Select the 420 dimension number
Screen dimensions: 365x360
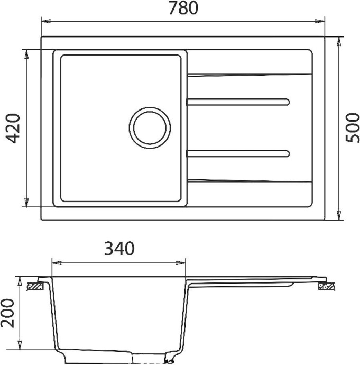click(x=12, y=129)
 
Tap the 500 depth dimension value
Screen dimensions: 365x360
click(x=351, y=127)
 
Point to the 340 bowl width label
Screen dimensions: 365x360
click(x=119, y=248)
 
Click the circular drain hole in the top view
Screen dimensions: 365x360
click(x=150, y=127)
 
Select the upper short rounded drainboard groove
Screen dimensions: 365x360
click(x=238, y=101)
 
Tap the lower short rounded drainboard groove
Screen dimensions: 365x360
click(x=238, y=154)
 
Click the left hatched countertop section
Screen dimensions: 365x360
click(x=35, y=286)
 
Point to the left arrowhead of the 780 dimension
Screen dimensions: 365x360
click(x=45, y=22)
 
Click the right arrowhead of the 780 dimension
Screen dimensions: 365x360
click(x=321, y=22)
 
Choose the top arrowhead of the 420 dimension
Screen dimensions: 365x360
click(x=25, y=53)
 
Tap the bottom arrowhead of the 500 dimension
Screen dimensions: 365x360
click(x=340, y=216)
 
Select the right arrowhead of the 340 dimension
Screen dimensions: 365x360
click(x=182, y=262)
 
